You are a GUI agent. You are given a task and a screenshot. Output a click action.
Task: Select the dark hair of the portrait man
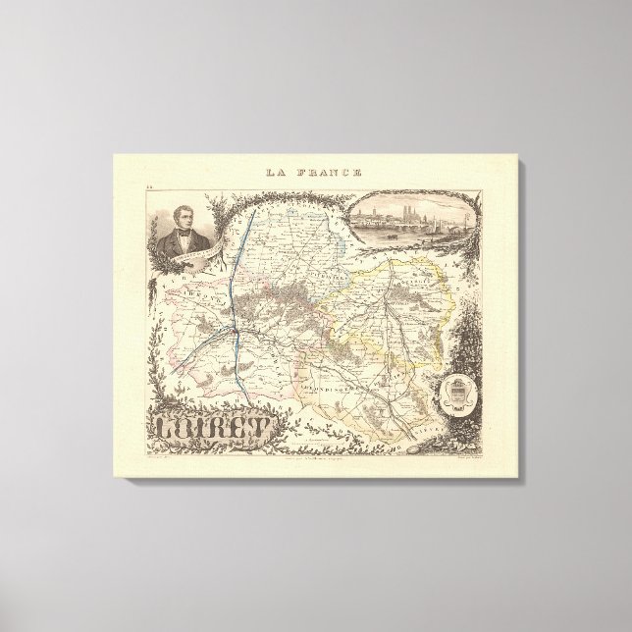182,203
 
